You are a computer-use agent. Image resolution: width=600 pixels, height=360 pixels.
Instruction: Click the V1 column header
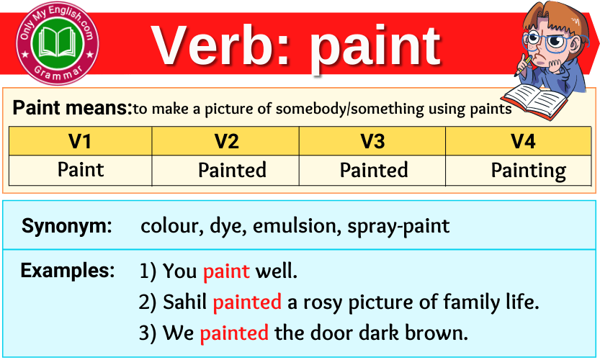[x=80, y=141]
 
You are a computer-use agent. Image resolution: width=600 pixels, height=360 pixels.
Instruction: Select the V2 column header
[x=226, y=141]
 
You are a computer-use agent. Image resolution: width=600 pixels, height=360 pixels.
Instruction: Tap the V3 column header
[x=372, y=141]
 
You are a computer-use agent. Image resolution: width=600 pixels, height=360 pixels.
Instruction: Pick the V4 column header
[x=523, y=141]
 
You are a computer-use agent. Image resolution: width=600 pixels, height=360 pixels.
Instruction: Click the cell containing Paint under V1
[x=81, y=170]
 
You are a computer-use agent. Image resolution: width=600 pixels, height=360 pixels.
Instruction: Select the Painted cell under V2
[x=232, y=171]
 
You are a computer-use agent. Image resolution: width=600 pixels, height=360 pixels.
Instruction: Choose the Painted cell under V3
[x=374, y=171]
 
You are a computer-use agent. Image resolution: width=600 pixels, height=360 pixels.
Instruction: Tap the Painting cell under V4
[x=528, y=171]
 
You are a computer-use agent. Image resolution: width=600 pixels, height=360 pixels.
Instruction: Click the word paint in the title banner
[x=375, y=48]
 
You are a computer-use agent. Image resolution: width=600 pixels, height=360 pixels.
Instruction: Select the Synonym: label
[x=67, y=226]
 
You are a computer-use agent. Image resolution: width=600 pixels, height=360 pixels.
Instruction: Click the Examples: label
[x=68, y=271]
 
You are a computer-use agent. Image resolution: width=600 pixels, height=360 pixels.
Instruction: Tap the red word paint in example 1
[x=226, y=271]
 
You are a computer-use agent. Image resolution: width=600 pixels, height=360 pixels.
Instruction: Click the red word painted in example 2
[x=247, y=302]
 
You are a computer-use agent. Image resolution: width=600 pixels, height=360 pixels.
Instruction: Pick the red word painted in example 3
[x=234, y=333]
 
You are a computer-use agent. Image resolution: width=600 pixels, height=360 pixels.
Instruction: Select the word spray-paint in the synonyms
[x=398, y=227]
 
